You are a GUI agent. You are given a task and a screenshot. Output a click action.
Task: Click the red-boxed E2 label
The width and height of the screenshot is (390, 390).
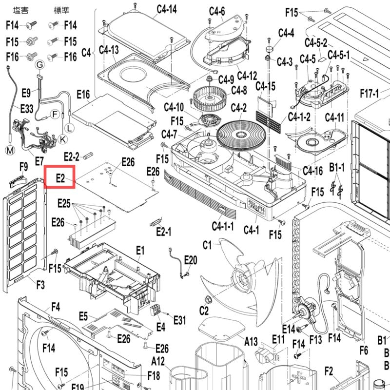(x=60, y=178)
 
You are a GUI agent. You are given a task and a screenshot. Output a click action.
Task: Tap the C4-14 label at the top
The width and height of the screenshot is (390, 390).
(x=167, y=9)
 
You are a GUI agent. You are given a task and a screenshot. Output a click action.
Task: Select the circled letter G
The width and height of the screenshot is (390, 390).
(x=40, y=65)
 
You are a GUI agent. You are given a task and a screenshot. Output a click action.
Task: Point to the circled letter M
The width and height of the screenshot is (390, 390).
(x=10, y=150)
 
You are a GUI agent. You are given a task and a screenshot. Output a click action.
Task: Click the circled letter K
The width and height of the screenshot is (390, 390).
(x=62, y=139)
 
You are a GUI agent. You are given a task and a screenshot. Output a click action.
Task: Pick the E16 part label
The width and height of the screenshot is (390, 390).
(x=83, y=95)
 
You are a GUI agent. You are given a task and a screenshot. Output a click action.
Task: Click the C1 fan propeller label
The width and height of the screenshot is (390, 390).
(x=207, y=245)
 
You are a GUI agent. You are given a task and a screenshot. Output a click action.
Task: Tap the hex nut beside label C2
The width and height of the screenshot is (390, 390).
(x=207, y=300)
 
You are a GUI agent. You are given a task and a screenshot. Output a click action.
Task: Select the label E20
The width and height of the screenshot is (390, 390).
(x=191, y=260)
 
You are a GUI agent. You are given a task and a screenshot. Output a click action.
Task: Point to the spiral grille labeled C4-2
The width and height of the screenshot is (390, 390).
(x=241, y=136)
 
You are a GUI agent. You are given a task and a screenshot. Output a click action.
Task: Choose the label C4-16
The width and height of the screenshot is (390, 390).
(x=312, y=171)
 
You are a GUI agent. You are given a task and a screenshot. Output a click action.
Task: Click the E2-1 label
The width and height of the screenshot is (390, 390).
(x=164, y=232)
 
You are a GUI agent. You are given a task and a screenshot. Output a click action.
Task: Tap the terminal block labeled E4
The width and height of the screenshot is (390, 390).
(x=156, y=311)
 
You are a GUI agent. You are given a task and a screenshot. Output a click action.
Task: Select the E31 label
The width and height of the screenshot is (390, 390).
(x=179, y=320)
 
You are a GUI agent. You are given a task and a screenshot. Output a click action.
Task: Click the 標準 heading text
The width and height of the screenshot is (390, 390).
(x=61, y=10)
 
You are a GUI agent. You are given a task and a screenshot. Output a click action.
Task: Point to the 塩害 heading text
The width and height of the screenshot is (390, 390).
(x=20, y=10)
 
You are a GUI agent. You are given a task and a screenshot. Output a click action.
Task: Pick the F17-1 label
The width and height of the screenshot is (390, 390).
(x=370, y=94)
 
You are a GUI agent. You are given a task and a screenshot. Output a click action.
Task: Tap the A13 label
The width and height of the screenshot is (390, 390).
(x=251, y=341)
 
